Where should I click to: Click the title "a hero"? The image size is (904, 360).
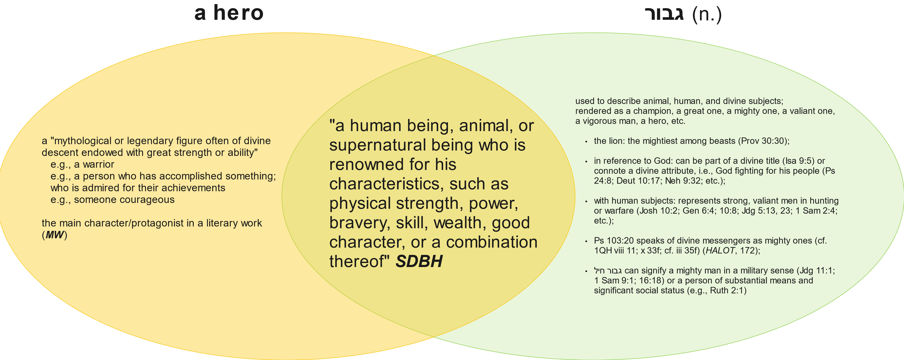[229, 13]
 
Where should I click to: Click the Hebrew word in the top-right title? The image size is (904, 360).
[664, 14]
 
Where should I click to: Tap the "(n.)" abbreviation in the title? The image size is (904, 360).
[707, 15]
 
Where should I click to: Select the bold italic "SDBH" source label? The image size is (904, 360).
[419, 261]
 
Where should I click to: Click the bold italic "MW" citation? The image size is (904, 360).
[54, 235]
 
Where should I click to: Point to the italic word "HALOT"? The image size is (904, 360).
[720, 251]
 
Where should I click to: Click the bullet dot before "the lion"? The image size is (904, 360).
[586, 142]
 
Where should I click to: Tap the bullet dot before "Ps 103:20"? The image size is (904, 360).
[586, 241]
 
